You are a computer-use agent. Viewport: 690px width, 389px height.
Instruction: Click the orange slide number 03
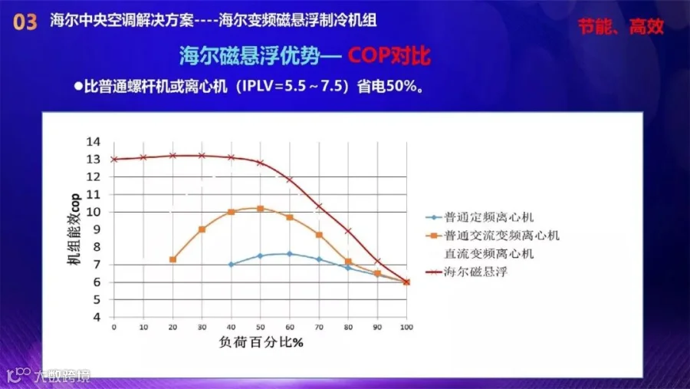click(x=25, y=22)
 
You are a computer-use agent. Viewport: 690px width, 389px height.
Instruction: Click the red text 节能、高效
click(x=620, y=27)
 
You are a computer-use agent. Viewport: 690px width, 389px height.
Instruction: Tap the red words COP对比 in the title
click(x=389, y=56)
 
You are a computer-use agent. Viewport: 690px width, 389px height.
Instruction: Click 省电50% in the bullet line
click(x=387, y=86)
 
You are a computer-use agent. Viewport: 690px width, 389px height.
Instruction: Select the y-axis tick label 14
click(x=94, y=141)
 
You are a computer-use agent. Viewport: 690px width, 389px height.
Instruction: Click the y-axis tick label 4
click(x=97, y=317)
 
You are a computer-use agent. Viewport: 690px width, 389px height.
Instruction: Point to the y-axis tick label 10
click(x=94, y=212)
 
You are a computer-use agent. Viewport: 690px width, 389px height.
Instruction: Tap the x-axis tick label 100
click(x=406, y=327)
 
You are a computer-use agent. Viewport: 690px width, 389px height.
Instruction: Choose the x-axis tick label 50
click(x=260, y=327)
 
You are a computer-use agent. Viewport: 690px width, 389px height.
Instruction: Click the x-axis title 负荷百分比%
click(x=261, y=342)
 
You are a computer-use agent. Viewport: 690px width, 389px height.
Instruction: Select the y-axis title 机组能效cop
click(x=74, y=229)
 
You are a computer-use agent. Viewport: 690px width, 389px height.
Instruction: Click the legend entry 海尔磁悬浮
click(x=466, y=272)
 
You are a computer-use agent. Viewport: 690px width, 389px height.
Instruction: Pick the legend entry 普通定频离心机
click(x=479, y=217)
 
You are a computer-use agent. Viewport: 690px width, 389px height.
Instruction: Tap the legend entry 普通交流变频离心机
click(x=492, y=236)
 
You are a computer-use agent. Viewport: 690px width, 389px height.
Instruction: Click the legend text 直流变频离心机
click(x=489, y=254)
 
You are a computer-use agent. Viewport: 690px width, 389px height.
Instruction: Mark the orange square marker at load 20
click(x=173, y=259)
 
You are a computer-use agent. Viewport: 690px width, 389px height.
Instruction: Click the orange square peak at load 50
click(x=260, y=209)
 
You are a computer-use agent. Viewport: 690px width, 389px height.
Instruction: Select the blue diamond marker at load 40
click(x=231, y=265)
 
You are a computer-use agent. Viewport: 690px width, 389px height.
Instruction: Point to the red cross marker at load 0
click(x=114, y=159)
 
